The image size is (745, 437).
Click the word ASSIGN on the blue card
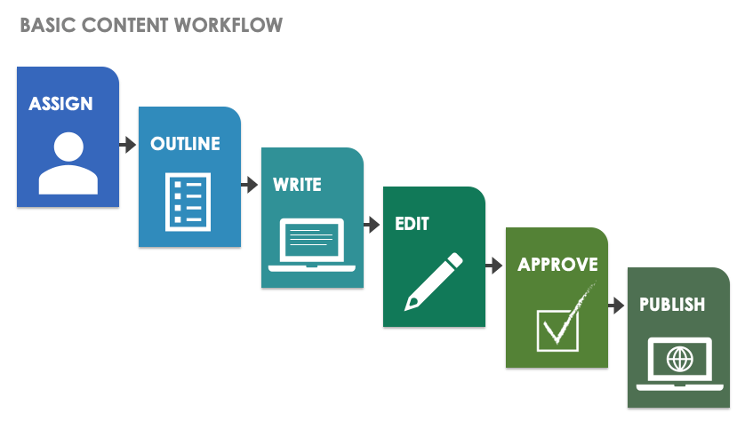[x=60, y=104]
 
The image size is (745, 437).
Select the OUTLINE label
[x=185, y=144]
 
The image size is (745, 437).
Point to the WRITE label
[x=297, y=186]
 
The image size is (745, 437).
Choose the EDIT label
[x=413, y=225]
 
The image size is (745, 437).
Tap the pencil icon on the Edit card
[x=434, y=282]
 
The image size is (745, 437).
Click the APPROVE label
[x=557, y=265]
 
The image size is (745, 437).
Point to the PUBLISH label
[x=672, y=305]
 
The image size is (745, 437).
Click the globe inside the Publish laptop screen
[x=680, y=359]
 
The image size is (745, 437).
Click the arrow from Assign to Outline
[x=127, y=144]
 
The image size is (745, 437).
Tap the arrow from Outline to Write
[x=250, y=185]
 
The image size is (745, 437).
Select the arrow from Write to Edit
[x=372, y=225]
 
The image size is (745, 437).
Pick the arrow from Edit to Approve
[x=493, y=265]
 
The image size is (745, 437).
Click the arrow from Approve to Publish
[x=616, y=305]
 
